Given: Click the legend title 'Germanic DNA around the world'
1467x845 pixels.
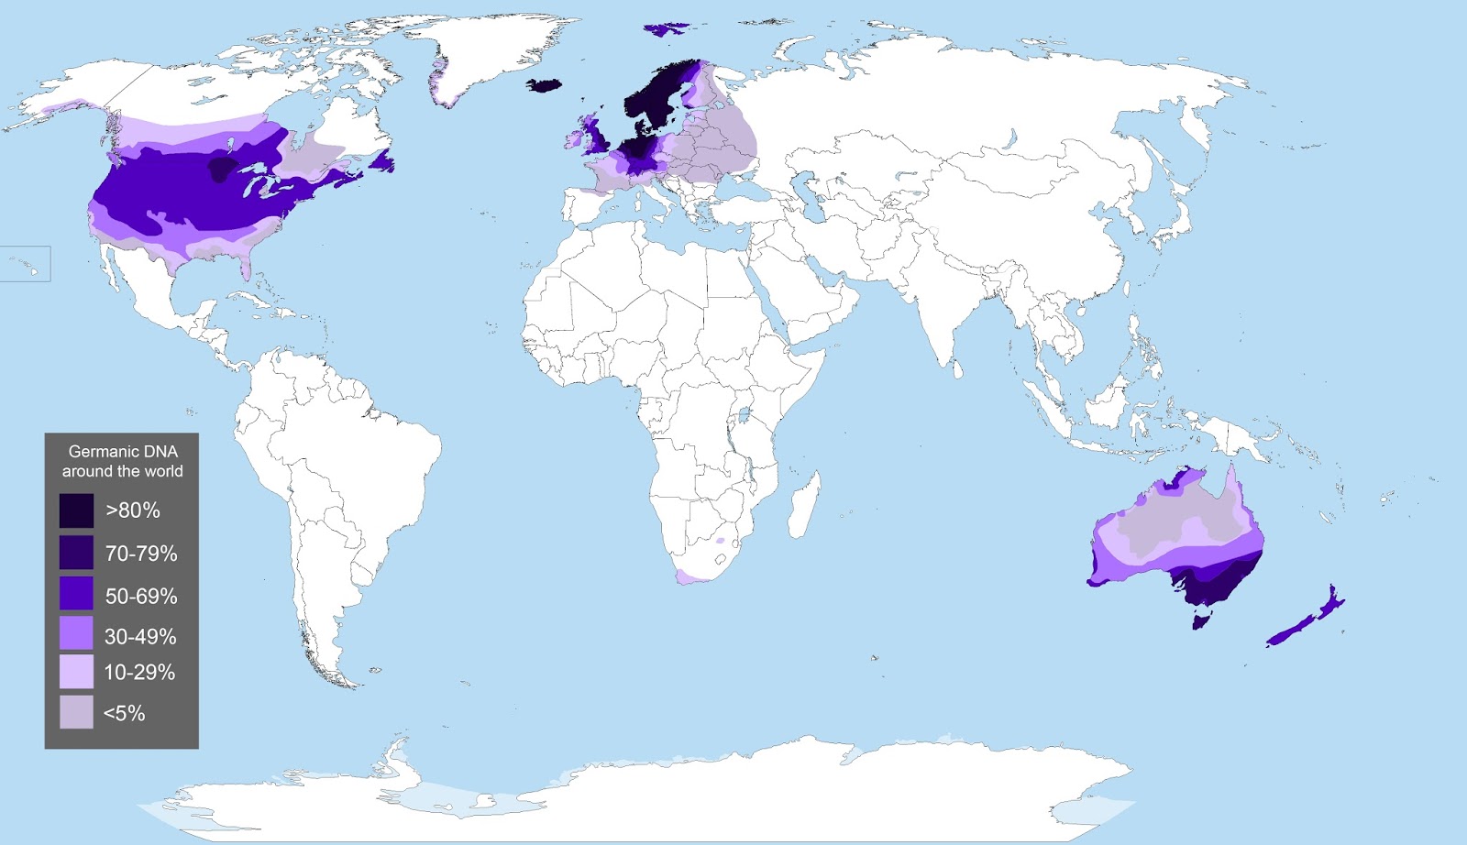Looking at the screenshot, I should click(122, 461).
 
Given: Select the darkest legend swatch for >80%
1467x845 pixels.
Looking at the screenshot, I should click(76, 510).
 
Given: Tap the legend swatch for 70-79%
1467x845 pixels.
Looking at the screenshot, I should click(76, 553).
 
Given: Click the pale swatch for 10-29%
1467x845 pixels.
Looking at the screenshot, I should click(76, 672).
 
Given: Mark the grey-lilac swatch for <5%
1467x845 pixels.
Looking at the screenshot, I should click(76, 712).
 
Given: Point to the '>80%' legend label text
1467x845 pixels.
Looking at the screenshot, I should click(133, 510).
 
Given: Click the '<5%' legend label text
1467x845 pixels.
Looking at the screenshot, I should click(124, 713).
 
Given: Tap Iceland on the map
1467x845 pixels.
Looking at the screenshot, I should click(544, 85).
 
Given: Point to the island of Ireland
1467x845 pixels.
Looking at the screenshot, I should click(574, 139).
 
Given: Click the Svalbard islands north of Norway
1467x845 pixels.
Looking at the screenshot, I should click(667, 28).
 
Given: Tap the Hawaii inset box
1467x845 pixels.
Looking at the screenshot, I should click(25, 264).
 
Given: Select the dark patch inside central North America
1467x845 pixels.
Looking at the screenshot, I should click(221, 169).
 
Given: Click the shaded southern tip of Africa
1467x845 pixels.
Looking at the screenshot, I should click(694, 576).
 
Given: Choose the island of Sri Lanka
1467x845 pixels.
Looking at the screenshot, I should click(958, 369).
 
